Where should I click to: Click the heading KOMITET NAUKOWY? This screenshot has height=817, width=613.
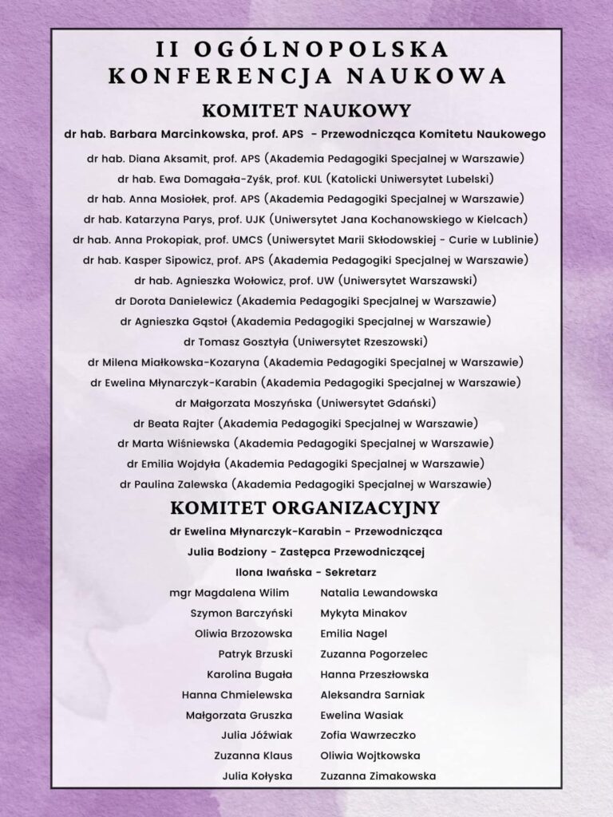[x=306, y=110]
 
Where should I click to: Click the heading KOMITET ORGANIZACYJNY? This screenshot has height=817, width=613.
[x=306, y=507]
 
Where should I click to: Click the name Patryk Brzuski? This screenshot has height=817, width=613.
[x=255, y=654]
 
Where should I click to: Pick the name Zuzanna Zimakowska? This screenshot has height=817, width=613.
[x=378, y=776]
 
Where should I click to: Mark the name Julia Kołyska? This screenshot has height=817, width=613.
[x=257, y=776]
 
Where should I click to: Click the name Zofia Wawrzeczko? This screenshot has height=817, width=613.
[x=368, y=735]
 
